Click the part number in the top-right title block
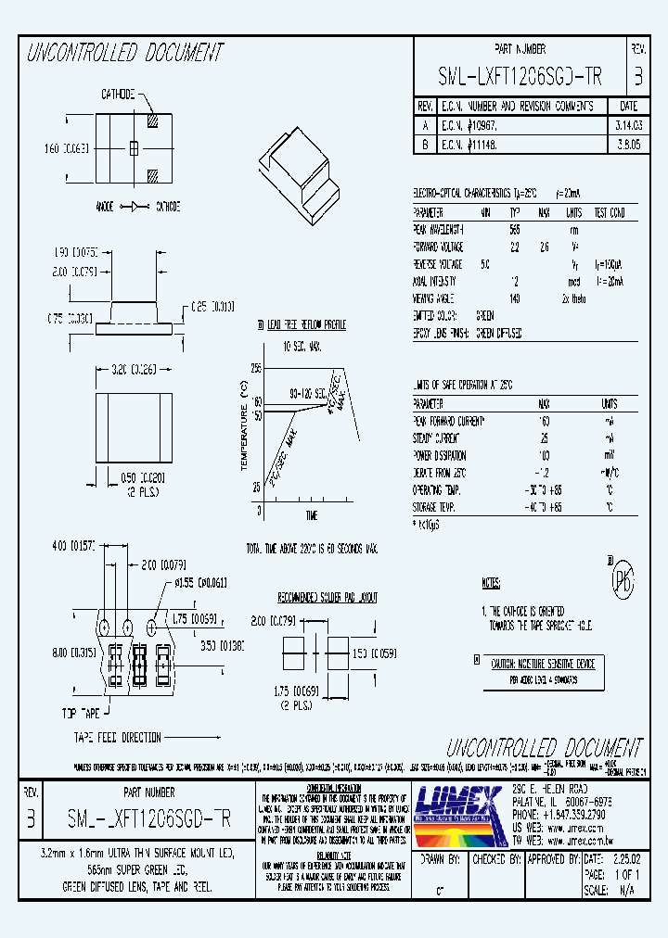(520, 78)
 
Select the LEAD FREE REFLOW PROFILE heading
(306, 325)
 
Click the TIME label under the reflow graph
(311, 515)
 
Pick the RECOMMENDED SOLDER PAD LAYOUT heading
(328, 598)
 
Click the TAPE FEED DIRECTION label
(118, 738)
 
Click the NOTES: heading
(492, 583)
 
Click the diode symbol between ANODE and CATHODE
(132, 206)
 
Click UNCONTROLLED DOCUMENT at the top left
(125, 53)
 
